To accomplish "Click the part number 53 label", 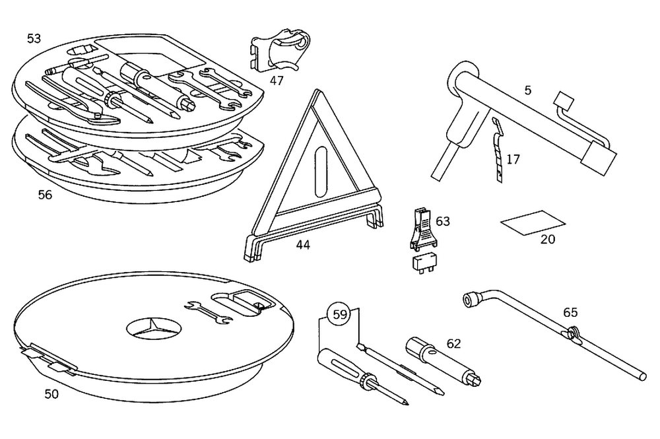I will click(x=34, y=39).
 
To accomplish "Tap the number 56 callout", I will click(x=45, y=195).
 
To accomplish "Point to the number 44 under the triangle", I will click(x=303, y=245).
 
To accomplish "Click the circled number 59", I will click(x=339, y=315).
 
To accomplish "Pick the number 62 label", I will click(x=453, y=343).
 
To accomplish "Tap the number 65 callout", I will click(x=571, y=312).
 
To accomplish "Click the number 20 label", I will click(x=548, y=240).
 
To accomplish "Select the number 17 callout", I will click(x=513, y=159).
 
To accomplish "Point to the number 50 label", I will click(x=51, y=394).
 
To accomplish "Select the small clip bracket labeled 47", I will click(x=280, y=50).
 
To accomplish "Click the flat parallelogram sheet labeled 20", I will click(x=533, y=222).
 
